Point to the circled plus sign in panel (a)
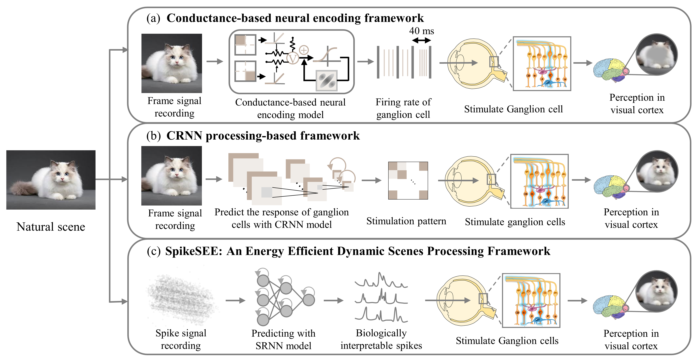(304, 50)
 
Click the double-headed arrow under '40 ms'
(421, 41)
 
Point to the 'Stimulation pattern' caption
(406, 221)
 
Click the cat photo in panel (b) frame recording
(171, 176)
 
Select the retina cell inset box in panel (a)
(542, 64)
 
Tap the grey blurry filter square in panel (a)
(326, 80)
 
